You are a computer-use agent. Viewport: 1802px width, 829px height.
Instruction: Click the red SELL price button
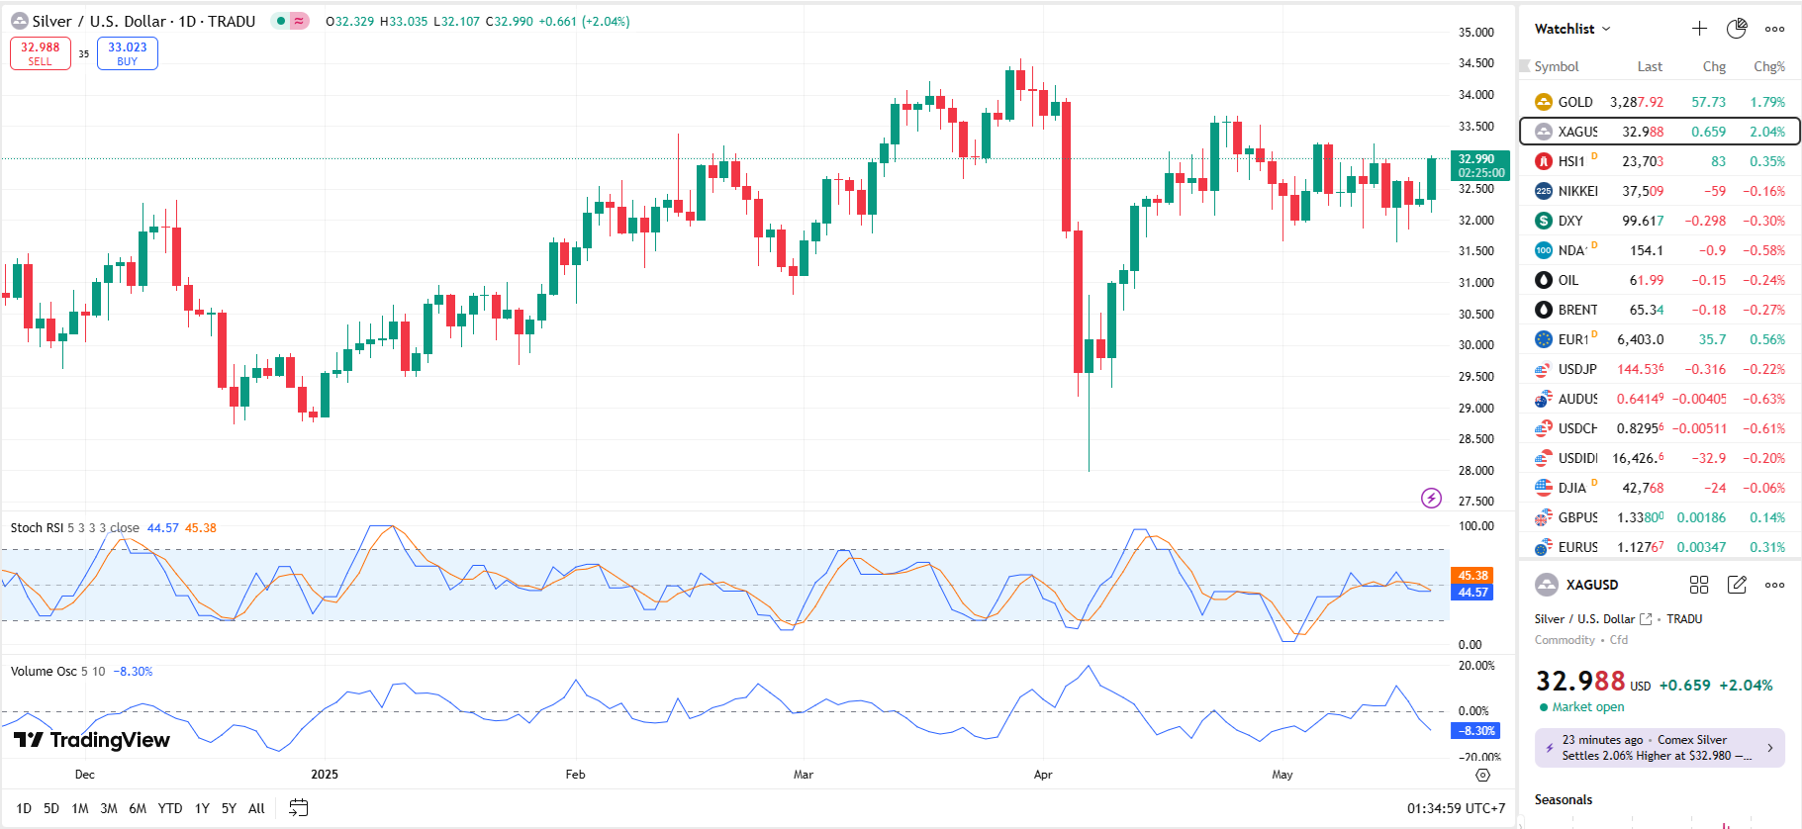coord(40,53)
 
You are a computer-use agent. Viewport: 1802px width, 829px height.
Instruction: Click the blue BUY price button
coord(127,53)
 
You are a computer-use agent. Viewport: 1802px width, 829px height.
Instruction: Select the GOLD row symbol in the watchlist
coord(1574,102)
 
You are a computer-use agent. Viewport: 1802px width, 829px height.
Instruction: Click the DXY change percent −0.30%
coord(1763,221)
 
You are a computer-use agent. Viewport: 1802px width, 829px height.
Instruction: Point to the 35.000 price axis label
coord(1475,33)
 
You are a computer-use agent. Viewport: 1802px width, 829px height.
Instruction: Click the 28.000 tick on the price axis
coord(1475,471)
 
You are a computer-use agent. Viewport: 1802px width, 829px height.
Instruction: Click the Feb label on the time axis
coord(575,775)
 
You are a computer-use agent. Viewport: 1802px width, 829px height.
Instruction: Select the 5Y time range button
coord(229,808)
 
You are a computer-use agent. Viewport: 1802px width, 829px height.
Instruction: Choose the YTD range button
coord(170,808)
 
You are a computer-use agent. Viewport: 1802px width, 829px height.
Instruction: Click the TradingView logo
coord(92,740)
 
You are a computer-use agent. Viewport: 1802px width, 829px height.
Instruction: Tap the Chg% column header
coord(1768,66)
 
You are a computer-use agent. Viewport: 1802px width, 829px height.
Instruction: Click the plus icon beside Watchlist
coord(1699,29)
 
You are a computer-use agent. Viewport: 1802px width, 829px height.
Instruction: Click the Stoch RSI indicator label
coord(38,528)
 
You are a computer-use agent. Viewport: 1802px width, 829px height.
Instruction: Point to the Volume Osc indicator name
coord(44,672)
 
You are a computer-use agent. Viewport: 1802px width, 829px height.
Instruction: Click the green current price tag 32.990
coord(1479,165)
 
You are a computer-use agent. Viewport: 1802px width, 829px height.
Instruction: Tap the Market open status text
coord(1587,707)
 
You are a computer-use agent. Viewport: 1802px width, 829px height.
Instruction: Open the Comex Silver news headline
coord(1659,748)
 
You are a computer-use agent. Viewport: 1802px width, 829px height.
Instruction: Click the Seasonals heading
coord(1564,799)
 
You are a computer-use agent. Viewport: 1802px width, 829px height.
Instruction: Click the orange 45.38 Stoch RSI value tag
coord(1472,576)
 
